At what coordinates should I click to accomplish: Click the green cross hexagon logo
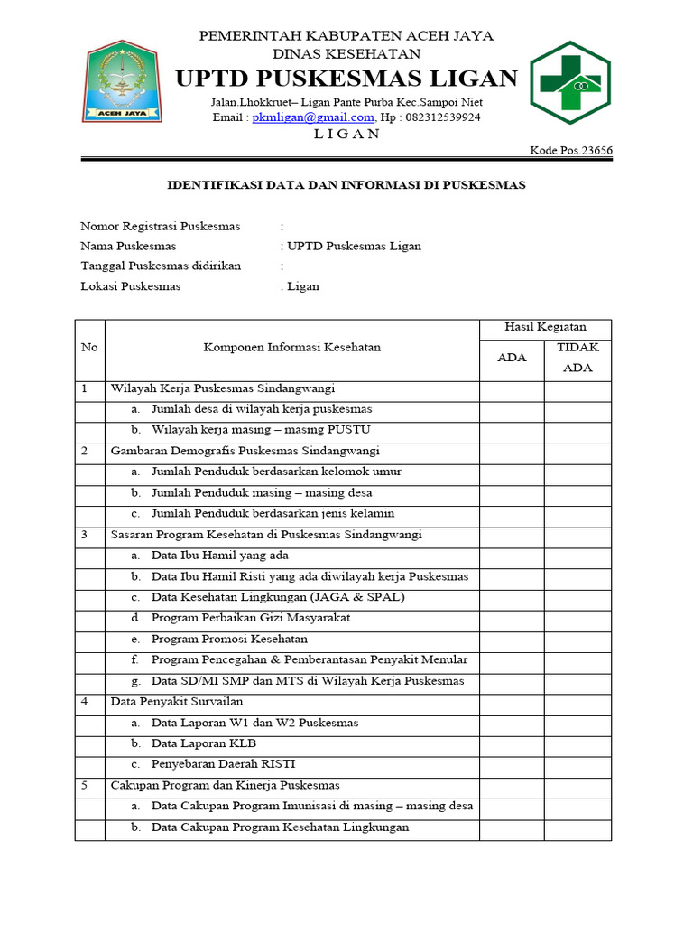pos(569,82)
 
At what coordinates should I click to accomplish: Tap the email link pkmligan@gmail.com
pos(313,117)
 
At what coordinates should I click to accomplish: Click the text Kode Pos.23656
pos(570,150)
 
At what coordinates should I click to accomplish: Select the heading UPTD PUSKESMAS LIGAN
pos(346,79)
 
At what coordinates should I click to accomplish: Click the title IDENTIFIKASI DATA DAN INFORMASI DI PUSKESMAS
pos(346,185)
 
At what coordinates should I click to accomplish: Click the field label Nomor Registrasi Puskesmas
pos(156,226)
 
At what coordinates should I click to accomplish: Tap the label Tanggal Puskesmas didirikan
pos(161,266)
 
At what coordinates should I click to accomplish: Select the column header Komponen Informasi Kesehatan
pos(291,347)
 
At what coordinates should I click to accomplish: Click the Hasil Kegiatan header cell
pos(545,327)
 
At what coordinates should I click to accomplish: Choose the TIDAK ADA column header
pos(577,358)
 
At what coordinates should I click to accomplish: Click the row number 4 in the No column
pos(84,702)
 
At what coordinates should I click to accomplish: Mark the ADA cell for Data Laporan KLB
pos(512,743)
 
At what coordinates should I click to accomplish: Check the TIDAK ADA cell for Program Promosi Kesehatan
pos(577,639)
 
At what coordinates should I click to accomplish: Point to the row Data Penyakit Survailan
pos(177,702)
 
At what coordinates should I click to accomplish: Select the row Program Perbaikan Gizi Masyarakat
pos(251,618)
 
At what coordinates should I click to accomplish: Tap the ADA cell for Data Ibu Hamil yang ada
pos(512,556)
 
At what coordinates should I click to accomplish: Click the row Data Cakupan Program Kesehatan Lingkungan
pos(280,827)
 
